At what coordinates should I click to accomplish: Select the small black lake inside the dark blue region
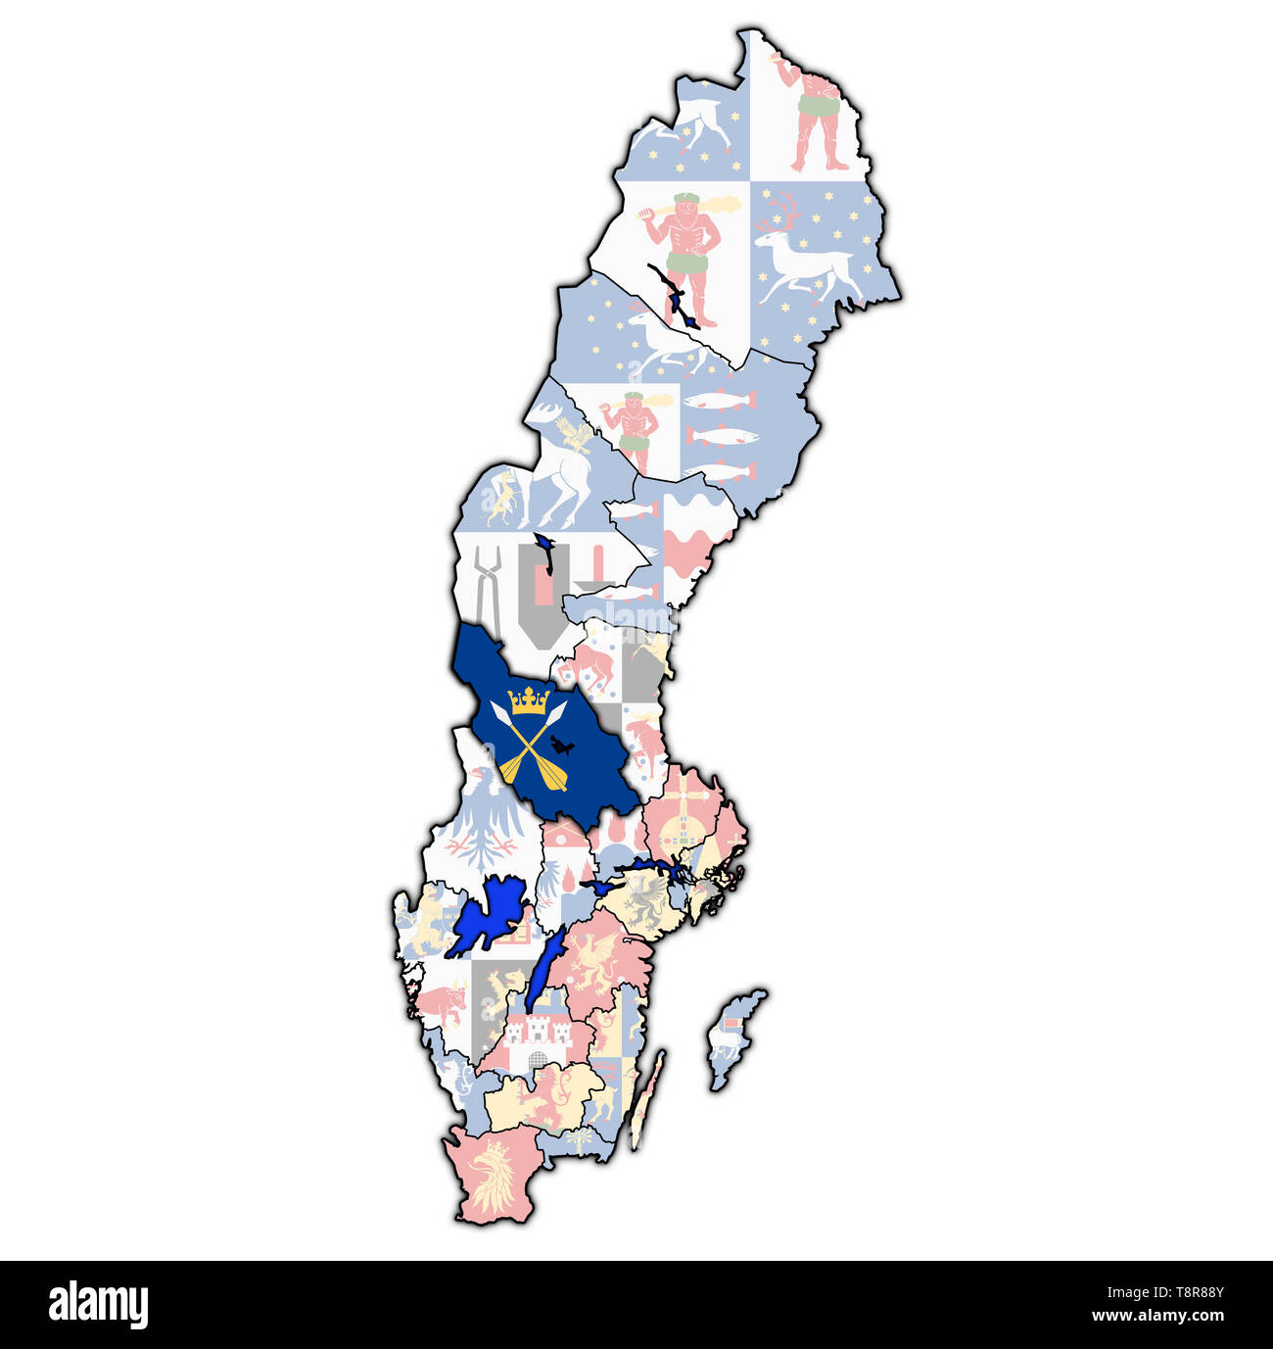click(561, 747)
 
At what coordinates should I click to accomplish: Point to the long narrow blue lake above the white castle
click(544, 970)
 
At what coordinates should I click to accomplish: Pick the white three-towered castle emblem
click(536, 1034)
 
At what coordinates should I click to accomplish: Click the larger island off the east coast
click(732, 1036)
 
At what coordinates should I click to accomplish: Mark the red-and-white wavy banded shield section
click(695, 544)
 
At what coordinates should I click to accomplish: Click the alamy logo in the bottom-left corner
click(98, 1305)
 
